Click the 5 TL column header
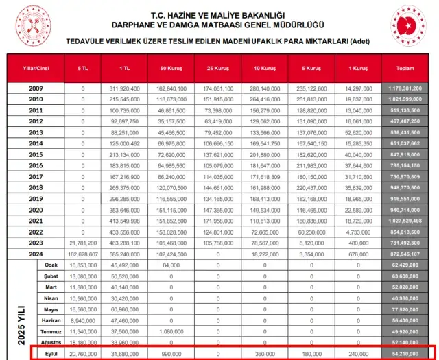(x=83, y=69)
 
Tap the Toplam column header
(x=405, y=69)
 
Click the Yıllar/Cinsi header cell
(x=36, y=69)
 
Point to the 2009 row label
(x=36, y=88)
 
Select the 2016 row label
(x=36, y=165)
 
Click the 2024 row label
(x=36, y=254)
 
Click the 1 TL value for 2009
(x=125, y=88)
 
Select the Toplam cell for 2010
(x=405, y=99)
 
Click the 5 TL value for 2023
(x=83, y=243)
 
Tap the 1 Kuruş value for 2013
(x=357, y=132)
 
